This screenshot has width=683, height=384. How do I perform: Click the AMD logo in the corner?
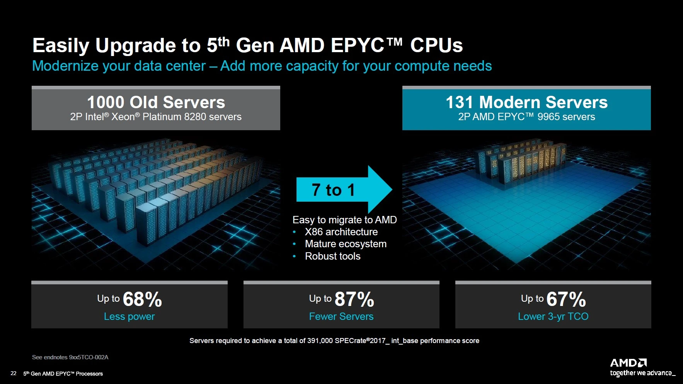pyautogui.click(x=628, y=363)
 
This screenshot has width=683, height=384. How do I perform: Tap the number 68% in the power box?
pyautogui.click(x=142, y=299)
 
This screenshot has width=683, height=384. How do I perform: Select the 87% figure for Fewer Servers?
pyautogui.click(x=354, y=299)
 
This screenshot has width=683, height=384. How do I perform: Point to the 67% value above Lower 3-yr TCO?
pyautogui.click(x=566, y=299)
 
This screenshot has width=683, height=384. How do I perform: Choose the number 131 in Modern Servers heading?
pyautogui.click(x=459, y=102)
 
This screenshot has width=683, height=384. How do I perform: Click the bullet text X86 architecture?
pyautogui.click(x=341, y=232)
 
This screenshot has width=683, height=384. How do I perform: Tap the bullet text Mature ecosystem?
pyautogui.click(x=346, y=244)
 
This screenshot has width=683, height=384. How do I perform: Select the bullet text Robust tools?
pyautogui.click(x=332, y=256)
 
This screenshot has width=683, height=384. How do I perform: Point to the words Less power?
pyautogui.click(x=129, y=316)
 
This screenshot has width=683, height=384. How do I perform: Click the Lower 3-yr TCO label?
pyautogui.click(x=553, y=316)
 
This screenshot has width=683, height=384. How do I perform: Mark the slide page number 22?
pyautogui.click(x=14, y=374)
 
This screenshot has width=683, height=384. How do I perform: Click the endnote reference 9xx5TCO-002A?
pyautogui.click(x=89, y=357)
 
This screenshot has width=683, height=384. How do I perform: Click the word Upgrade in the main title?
pyautogui.click(x=136, y=46)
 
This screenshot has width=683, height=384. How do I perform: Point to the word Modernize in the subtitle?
pyautogui.click(x=65, y=66)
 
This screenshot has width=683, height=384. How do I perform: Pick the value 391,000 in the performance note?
pyautogui.click(x=320, y=341)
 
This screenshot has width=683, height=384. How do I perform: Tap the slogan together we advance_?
pyautogui.click(x=642, y=373)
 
